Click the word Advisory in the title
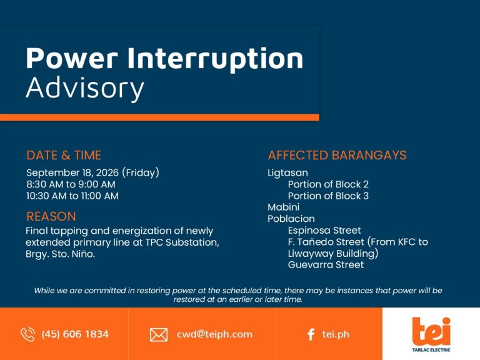click(x=85, y=88)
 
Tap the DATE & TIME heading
click(x=64, y=155)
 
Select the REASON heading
click(x=51, y=216)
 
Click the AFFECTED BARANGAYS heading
click(x=337, y=155)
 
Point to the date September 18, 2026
click(x=72, y=172)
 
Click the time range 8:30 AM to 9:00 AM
click(x=71, y=184)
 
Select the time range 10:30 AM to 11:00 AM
click(x=72, y=196)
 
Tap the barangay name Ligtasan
click(x=287, y=173)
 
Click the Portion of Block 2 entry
click(x=328, y=184)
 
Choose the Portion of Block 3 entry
click(x=328, y=196)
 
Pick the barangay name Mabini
click(x=284, y=207)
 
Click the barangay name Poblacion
click(x=291, y=219)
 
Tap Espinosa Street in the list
click(x=324, y=230)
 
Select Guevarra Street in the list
click(x=326, y=265)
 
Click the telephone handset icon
click(x=28, y=334)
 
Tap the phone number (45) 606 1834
click(x=75, y=334)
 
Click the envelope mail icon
click(x=159, y=334)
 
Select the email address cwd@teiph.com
click(x=214, y=334)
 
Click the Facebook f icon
click(x=311, y=334)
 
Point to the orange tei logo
click(x=431, y=331)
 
